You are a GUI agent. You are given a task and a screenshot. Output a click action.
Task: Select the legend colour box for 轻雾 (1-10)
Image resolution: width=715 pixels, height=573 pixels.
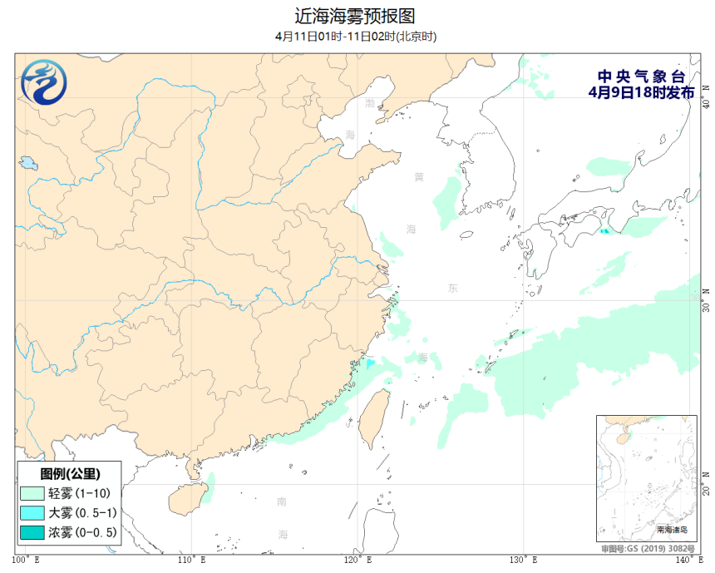click(33, 493)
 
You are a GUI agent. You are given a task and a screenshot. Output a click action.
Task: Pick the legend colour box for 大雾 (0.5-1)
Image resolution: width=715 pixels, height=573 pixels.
click(33, 512)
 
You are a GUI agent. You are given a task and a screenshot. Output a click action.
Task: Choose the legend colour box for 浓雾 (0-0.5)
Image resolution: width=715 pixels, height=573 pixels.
click(33, 532)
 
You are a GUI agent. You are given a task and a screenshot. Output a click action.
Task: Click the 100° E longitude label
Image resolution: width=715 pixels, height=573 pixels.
click(26, 559)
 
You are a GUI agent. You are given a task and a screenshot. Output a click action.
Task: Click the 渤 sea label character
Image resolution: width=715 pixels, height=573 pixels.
click(370, 103)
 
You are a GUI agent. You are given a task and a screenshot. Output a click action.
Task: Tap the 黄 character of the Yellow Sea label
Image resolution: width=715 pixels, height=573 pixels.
click(419, 177)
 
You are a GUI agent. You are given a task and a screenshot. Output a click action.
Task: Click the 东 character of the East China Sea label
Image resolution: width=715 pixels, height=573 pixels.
click(452, 289)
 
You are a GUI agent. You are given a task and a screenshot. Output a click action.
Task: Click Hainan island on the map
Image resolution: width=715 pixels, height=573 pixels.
click(185, 499)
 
